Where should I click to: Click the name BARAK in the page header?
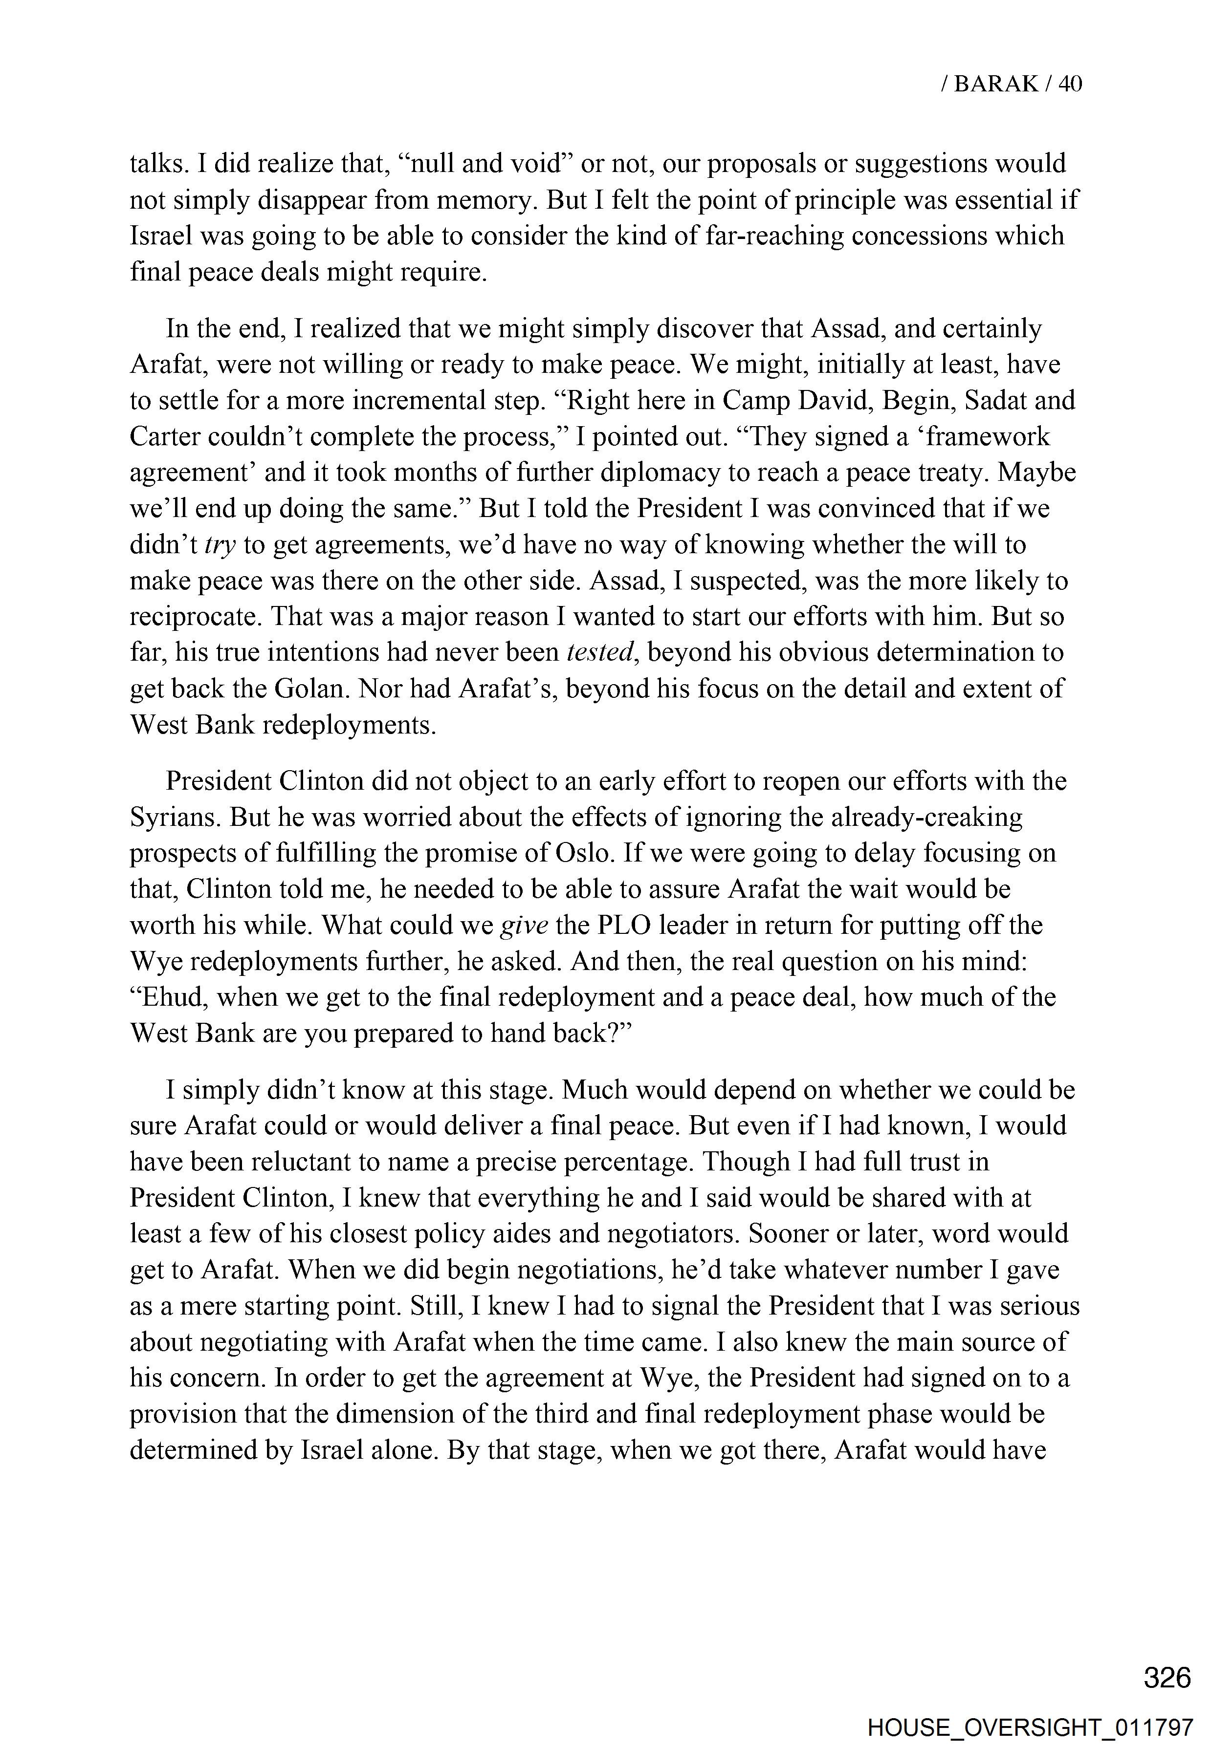(x=995, y=84)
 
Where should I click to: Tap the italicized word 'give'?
(x=525, y=925)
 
